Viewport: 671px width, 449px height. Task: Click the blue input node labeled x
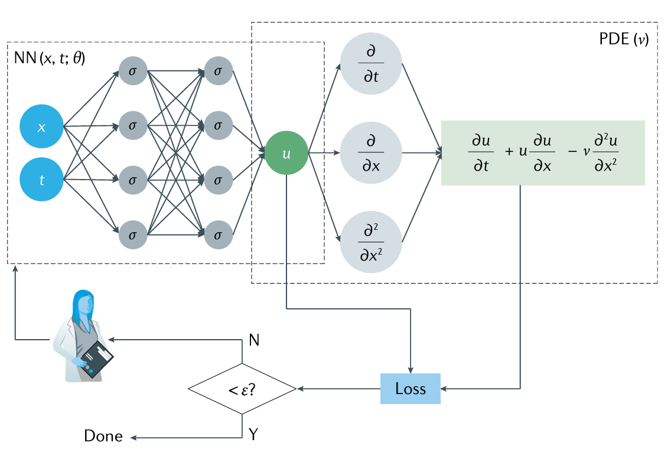click(x=41, y=128)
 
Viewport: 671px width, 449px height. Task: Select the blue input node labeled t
click(x=41, y=180)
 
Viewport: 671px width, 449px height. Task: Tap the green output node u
click(x=286, y=153)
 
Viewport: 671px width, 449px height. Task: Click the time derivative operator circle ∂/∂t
click(x=372, y=63)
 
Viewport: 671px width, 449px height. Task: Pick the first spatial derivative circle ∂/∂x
click(x=372, y=153)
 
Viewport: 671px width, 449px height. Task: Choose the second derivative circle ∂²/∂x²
click(x=372, y=242)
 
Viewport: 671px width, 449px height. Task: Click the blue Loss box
click(x=411, y=389)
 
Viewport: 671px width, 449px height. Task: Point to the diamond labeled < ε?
click(x=242, y=389)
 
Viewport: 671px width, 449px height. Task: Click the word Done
click(x=103, y=437)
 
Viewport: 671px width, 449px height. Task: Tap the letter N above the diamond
click(x=254, y=340)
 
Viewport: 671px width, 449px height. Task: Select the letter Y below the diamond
click(x=253, y=435)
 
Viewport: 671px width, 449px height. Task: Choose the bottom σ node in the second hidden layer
click(x=218, y=235)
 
